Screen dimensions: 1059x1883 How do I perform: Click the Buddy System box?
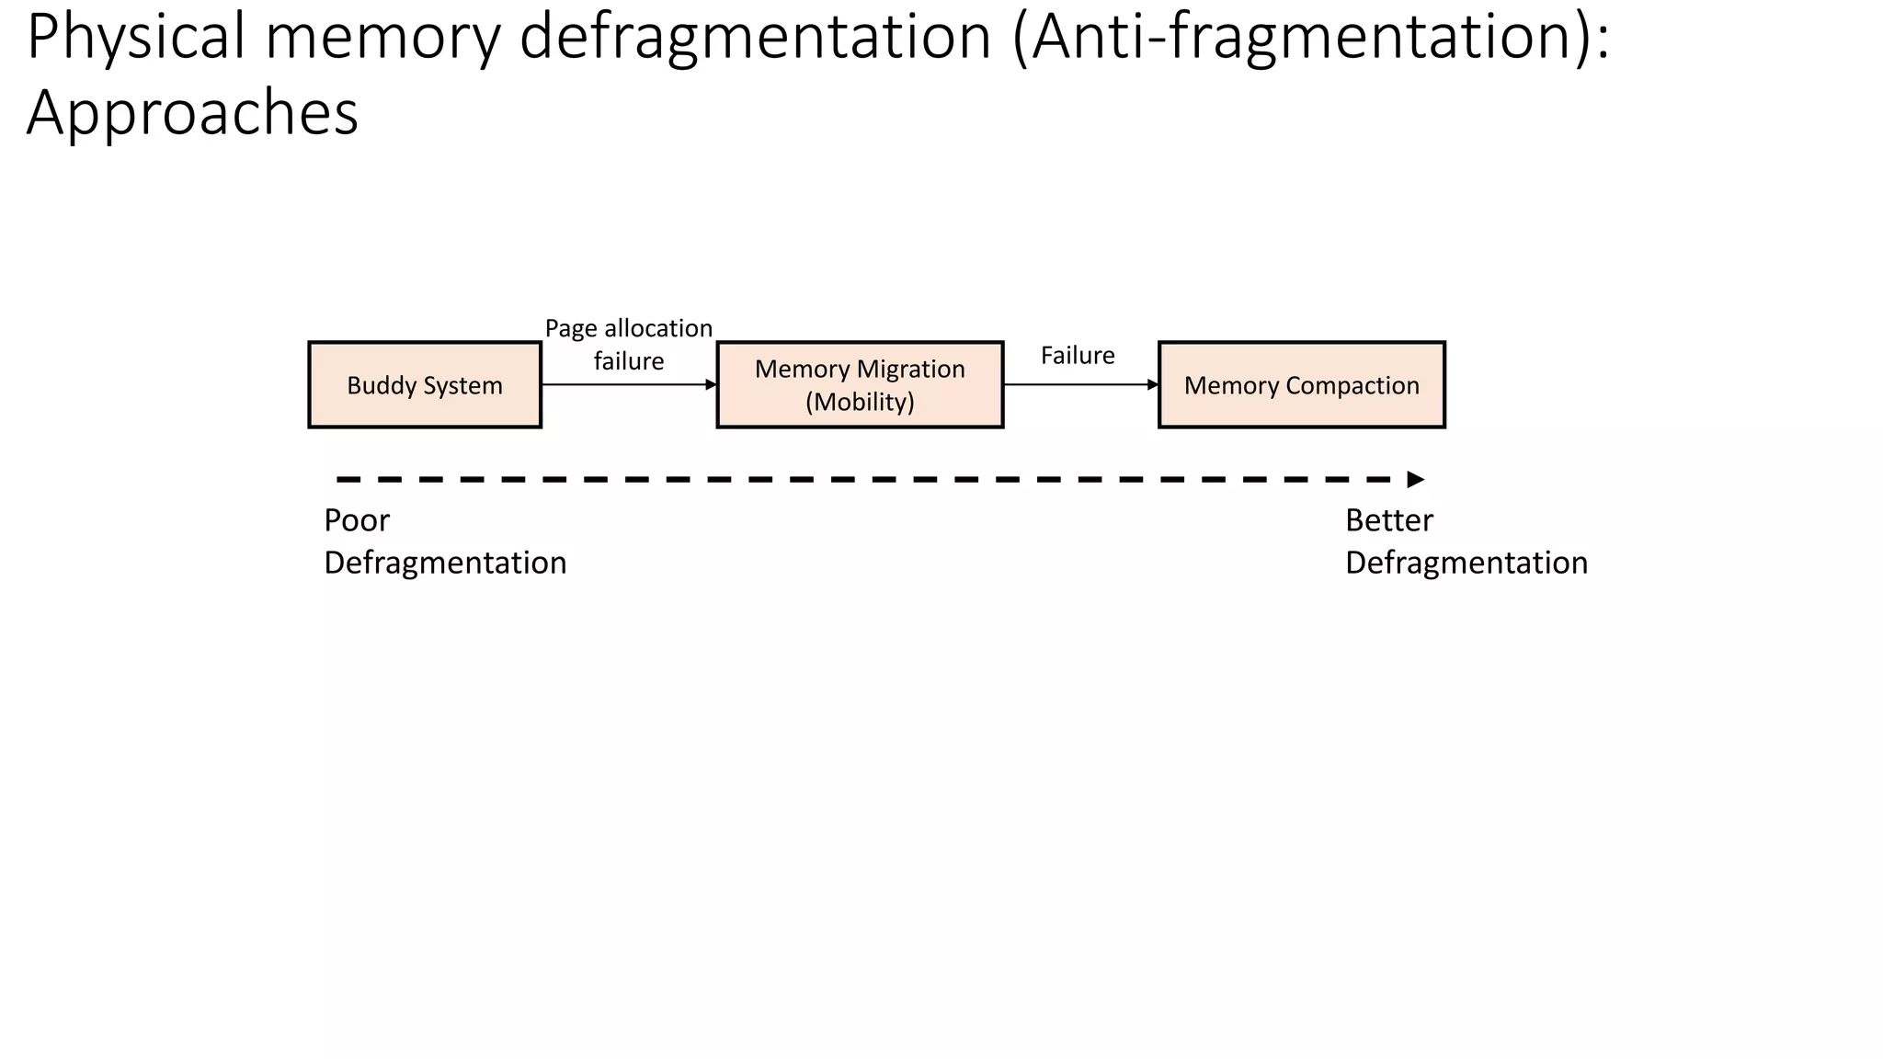tap(424, 384)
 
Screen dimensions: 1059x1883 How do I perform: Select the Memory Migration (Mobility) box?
tap(860, 384)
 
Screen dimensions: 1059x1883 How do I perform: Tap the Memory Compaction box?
tap(1301, 384)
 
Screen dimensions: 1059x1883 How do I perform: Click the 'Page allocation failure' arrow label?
tap(629, 345)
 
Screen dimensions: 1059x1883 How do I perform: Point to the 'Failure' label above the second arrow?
tap(1078, 356)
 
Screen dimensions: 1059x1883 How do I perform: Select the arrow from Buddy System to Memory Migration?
tap(629, 384)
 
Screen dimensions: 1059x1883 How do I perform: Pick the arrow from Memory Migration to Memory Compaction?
tap(1080, 384)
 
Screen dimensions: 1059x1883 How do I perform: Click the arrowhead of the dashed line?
tap(1416, 479)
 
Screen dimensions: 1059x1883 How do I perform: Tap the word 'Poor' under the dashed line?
tap(357, 520)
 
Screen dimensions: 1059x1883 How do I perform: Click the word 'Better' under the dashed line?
tap(1388, 520)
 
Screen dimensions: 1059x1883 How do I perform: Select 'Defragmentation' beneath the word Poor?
tap(445, 563)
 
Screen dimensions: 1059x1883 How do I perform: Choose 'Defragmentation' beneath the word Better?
tap(1466, 563)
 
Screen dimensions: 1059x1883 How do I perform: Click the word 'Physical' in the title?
tap(137, 39)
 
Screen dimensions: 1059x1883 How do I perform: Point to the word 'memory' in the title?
tap(384, 39)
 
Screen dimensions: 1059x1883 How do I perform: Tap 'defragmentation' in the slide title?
tap(755, 39)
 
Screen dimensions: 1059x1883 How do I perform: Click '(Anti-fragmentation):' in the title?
tap(1310, 39)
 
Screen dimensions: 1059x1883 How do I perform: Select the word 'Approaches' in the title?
tap(192, 114)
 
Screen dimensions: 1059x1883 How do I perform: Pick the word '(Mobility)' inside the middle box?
tap(860, 402)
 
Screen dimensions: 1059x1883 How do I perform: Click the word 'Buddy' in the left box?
tap(379, 385)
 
